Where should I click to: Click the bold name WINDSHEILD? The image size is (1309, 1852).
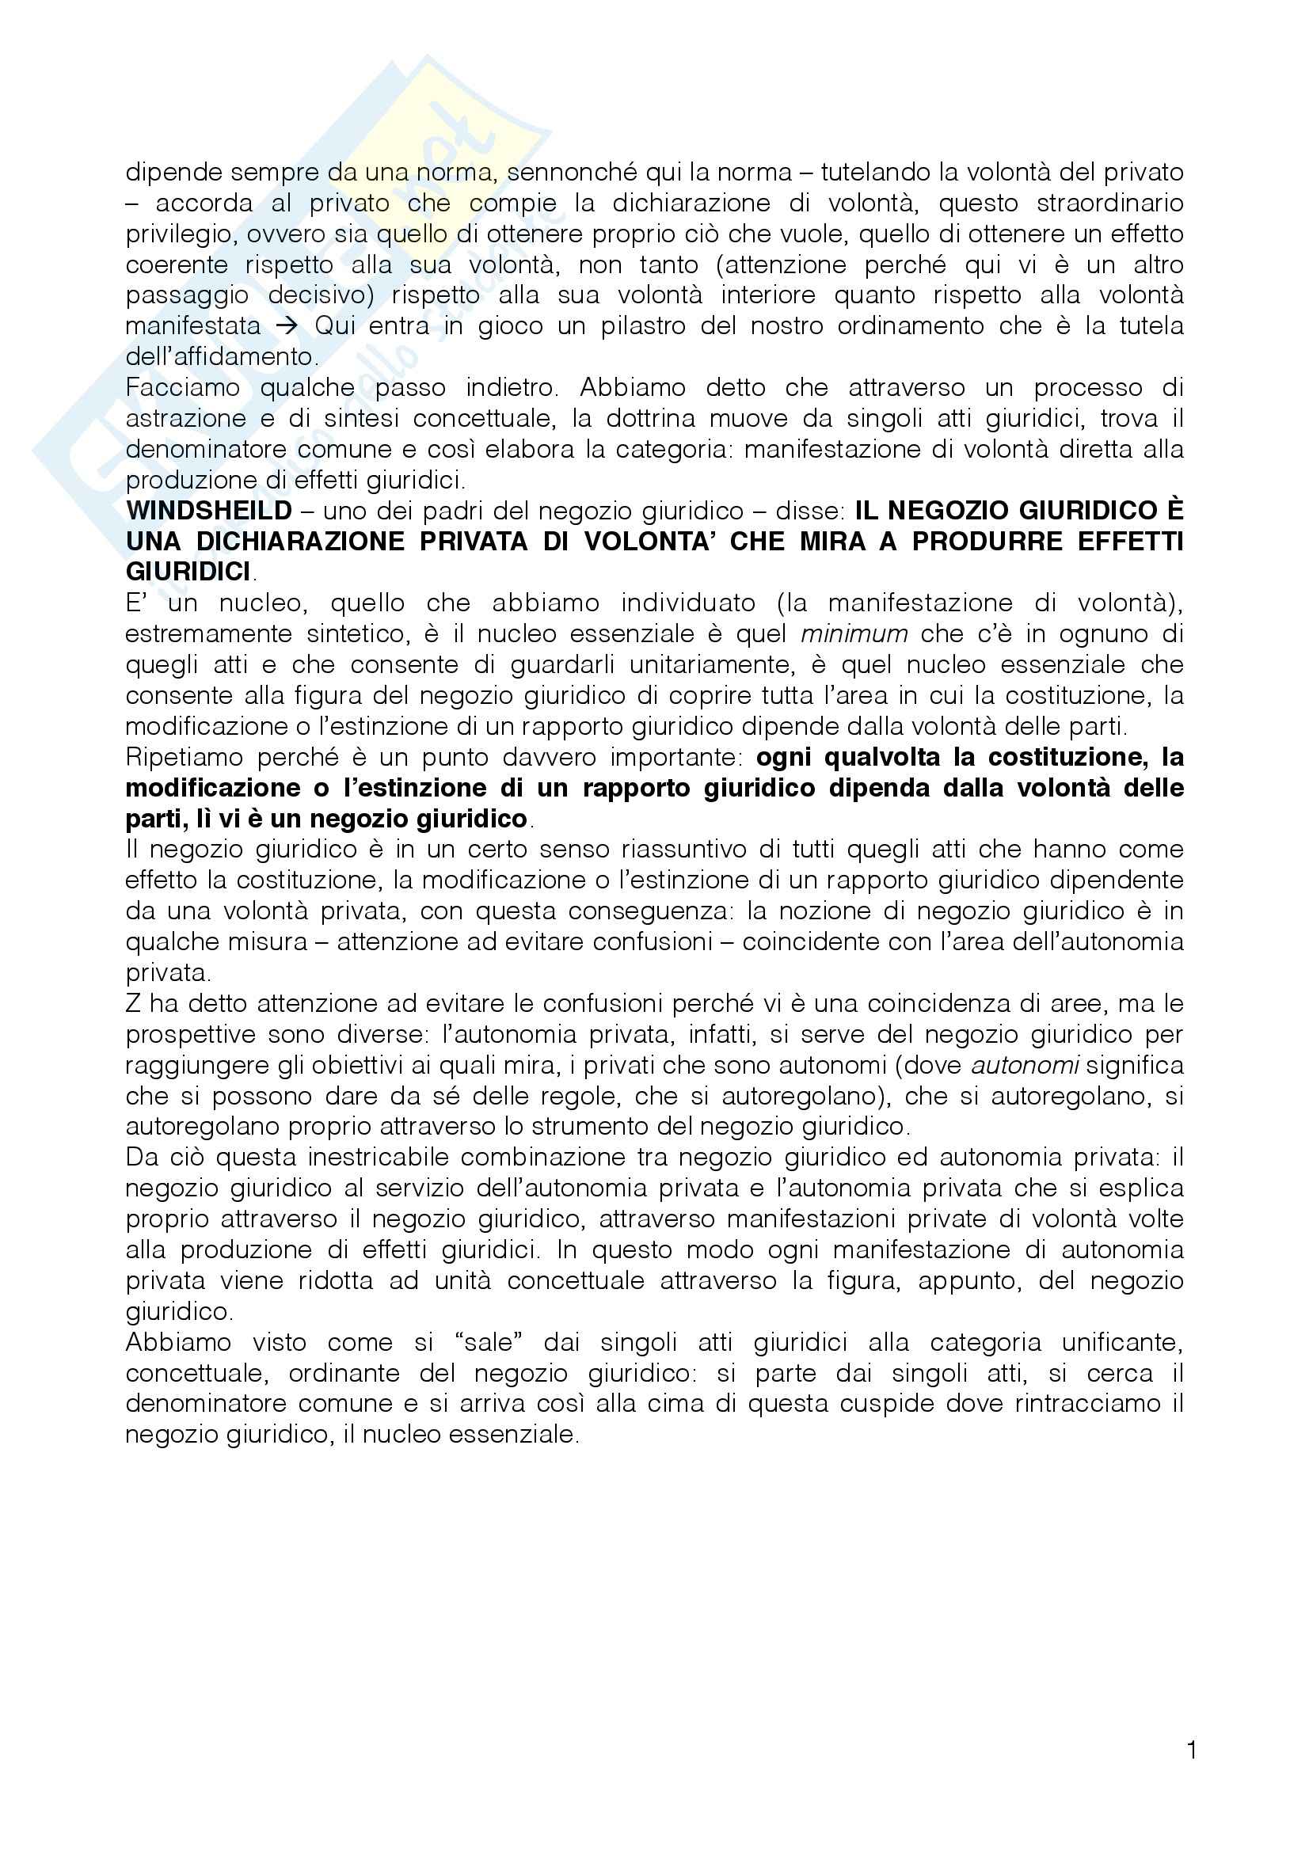208,511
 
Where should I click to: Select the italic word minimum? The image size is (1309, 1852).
854,633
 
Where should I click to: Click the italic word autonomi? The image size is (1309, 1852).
1025,1065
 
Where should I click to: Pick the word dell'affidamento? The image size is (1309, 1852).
219,356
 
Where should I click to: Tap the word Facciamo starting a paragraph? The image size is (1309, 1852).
183,387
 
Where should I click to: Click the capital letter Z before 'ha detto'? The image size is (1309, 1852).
133,1003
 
